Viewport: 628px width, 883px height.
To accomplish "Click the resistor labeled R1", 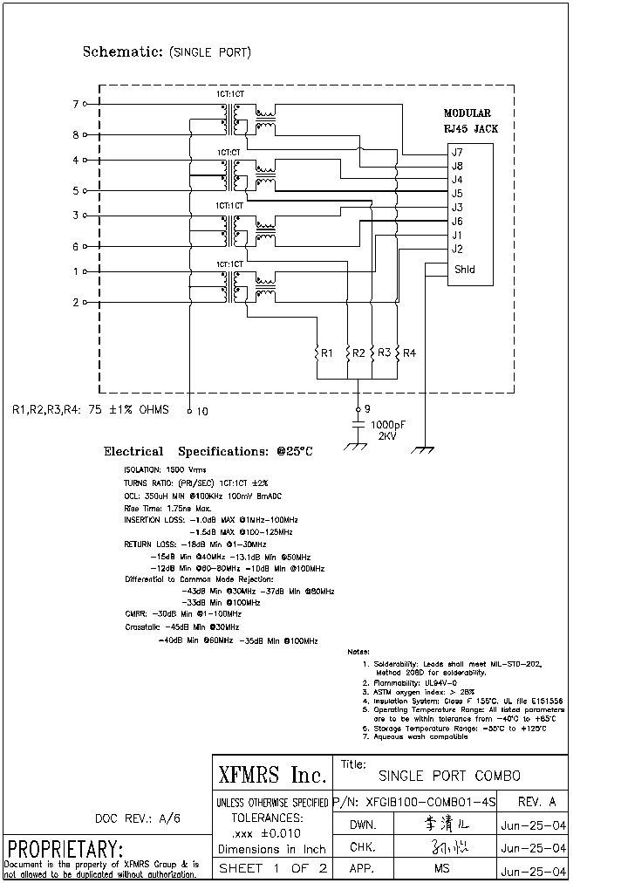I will (317, 353).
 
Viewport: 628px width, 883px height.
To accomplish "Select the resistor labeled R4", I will (397, 353).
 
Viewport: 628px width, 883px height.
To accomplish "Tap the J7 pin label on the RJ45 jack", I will (457, 153).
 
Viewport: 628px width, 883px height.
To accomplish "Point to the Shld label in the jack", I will (464, 270).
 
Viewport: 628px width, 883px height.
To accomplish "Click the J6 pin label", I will (457, 222).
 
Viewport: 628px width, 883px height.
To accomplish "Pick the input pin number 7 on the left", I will (76, 105).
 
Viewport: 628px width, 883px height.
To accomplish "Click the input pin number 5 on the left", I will (76, 191).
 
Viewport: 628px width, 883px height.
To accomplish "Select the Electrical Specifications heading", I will (208, 452).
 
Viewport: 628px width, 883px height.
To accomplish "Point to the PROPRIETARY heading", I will (65, 849).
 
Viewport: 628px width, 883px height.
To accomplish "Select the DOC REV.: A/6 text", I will (138, 818).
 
